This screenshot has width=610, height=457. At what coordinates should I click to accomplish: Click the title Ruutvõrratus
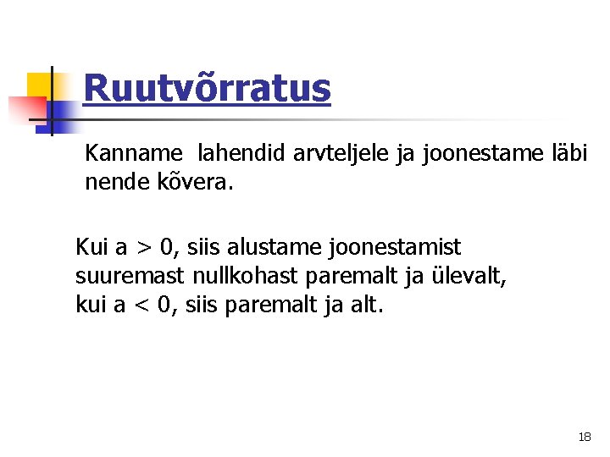point(207,88)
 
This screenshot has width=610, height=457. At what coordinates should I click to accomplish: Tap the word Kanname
point(134,153)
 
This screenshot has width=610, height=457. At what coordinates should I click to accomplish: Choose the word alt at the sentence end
point(366,305)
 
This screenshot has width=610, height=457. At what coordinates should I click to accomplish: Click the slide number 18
point(585,437)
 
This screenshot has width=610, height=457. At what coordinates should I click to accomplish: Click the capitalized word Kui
point(91,247)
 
